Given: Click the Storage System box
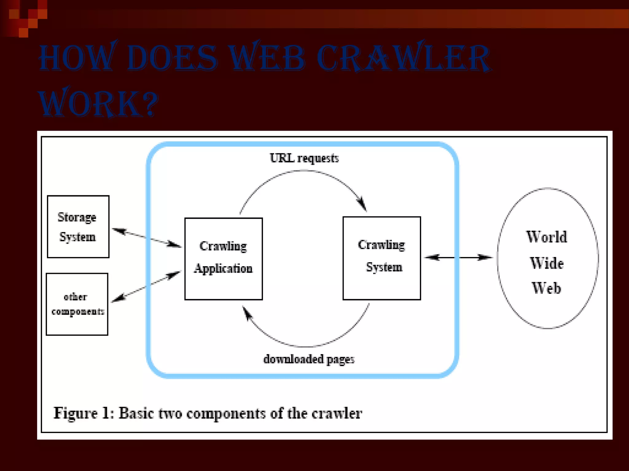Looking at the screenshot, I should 78,227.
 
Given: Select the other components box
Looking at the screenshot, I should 77,304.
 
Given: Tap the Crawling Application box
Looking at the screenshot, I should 223,258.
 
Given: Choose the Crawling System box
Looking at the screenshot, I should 381,258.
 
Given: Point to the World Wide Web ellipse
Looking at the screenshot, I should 547,258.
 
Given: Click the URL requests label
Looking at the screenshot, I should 304,158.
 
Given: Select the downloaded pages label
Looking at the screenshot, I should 309,359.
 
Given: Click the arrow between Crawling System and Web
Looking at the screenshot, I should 458,258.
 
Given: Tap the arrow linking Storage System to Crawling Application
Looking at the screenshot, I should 147,238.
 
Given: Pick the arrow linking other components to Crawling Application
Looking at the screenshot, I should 146,286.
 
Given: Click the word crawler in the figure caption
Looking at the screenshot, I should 337,413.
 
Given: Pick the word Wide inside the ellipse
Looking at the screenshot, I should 547,263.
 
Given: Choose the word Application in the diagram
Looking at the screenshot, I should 223,269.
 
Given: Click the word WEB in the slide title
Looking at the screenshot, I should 267,58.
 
